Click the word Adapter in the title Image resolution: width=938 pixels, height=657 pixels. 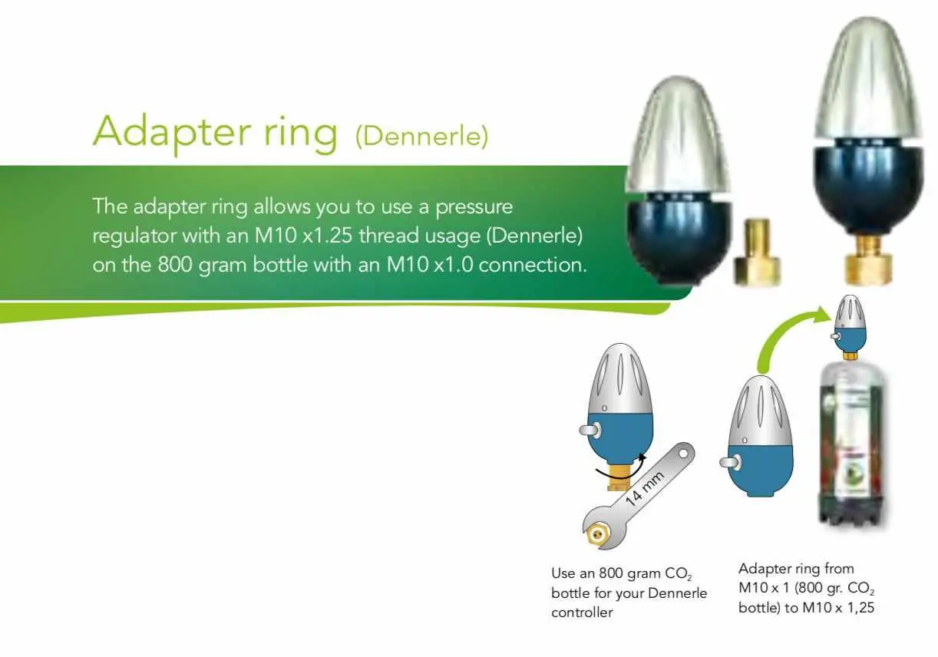[172, 131]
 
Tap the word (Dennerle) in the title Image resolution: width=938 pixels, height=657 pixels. [421, 136]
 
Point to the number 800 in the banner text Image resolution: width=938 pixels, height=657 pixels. [174, 265]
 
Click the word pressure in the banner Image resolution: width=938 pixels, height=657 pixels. [474, 208]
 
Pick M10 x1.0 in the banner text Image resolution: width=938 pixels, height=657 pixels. [430, 265]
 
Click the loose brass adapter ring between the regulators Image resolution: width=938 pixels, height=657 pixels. [758, 253]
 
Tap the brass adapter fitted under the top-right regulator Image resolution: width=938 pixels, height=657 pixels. [868, 259]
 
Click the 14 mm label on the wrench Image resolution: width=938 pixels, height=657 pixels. [644, 489]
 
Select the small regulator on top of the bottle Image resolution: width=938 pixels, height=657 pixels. [849, 328]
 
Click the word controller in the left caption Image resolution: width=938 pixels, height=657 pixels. [582, 612]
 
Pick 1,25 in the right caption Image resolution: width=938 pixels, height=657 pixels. [861, 608]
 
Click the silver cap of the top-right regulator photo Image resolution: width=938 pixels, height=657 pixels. [868, 80]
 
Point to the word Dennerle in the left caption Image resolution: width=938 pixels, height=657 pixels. [678, 593]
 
